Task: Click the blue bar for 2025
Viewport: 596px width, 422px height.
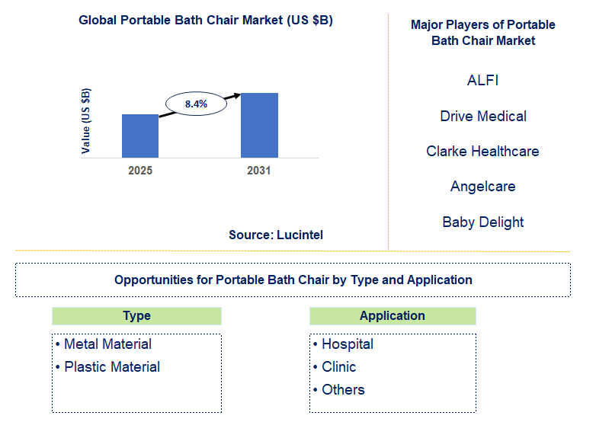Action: [x=140, y=136]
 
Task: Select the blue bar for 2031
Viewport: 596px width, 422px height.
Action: [x=259, y=126]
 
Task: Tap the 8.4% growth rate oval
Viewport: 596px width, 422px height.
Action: [x=196, y=104]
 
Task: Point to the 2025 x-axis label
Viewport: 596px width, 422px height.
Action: [x=140, y=171]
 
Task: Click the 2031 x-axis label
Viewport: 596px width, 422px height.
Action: [x=259, y=171]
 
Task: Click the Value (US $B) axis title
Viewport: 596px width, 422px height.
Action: [x=86, y=121]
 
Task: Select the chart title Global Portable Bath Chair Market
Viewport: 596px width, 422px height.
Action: [x=206, y=21]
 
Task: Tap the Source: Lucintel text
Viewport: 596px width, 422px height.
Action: [x=276, y=235]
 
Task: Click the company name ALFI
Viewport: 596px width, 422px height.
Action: [x=482, y=80]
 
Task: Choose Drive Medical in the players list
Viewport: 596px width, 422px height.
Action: [x=483, y=116]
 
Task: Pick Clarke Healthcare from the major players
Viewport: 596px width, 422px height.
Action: [x=482, y=151]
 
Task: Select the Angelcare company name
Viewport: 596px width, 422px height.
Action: [x=482, y=187]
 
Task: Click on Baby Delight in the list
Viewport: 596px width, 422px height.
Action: [x=482, y=222]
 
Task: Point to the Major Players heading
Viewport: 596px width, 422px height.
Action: [x=482, y=33]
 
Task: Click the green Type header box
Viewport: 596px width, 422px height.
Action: [x=136, y=316]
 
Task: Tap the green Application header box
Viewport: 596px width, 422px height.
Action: [x=393, y=316]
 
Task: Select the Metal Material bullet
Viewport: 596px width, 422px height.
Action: [x=107, y=344]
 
